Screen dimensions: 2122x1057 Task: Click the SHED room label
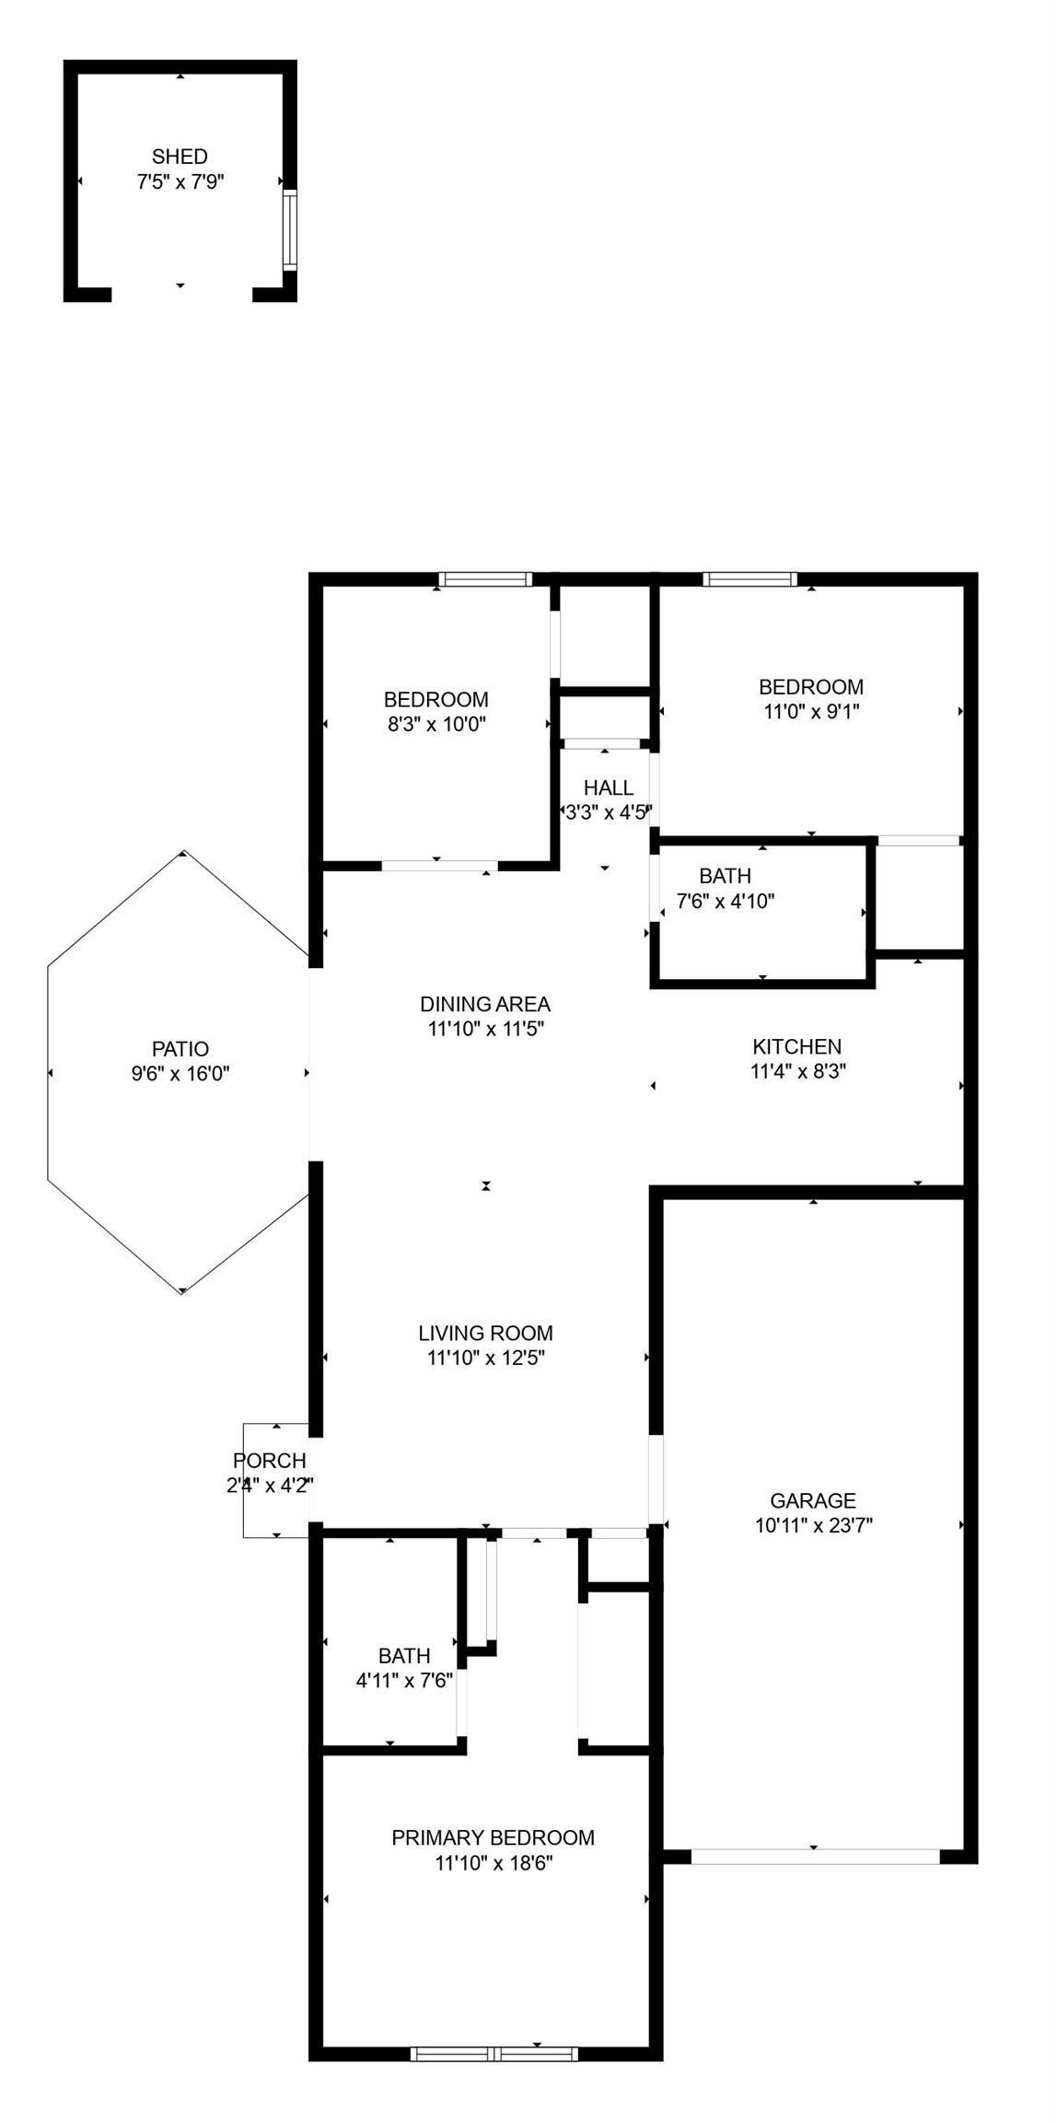180,157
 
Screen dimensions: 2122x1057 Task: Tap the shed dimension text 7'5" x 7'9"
180,181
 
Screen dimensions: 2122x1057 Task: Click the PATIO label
180,1048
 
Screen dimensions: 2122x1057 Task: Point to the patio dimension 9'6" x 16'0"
180,1073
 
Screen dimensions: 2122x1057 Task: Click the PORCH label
269,1461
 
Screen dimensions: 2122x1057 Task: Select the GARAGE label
813,1500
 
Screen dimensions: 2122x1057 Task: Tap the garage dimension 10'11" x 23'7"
814,1525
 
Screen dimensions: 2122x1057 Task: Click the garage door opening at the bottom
815,1858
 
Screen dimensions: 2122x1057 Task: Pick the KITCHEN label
797,1046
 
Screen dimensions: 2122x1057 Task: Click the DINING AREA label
485,1004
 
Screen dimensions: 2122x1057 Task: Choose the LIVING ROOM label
485,1333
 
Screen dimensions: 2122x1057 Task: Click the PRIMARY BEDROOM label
494,1837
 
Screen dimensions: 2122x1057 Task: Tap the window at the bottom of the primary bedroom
494,2053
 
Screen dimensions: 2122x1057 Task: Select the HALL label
609,787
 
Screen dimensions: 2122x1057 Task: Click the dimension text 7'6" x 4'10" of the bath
726,901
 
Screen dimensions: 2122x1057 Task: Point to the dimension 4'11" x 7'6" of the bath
404,1681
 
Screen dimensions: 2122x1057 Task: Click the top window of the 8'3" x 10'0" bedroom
485,579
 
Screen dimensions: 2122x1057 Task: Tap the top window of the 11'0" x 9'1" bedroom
749,579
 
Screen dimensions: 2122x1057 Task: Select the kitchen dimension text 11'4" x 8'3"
797,1071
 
